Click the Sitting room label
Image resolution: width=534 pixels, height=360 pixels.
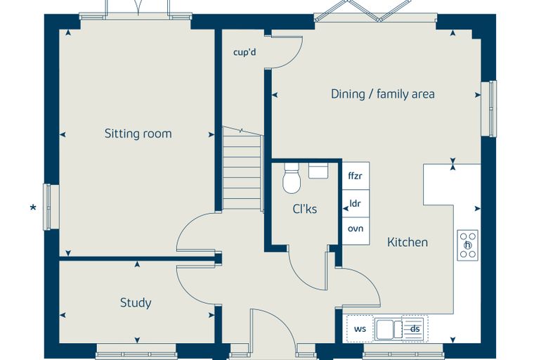point(138,134)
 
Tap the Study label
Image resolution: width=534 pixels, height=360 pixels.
point(136,303)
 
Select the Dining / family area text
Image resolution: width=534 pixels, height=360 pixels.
point(383,94)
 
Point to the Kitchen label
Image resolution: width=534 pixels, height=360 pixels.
point(408,242)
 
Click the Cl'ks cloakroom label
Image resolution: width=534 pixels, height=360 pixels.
point(305,209)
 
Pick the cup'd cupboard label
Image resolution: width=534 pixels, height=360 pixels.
point(245,53)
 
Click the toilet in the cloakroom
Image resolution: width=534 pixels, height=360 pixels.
point(292,179)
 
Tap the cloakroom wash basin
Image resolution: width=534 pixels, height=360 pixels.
point(318,170)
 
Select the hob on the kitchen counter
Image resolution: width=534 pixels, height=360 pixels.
point(467,245)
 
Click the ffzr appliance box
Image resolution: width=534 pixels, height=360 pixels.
point(356,176)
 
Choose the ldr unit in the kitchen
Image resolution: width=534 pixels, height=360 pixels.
point(356,203)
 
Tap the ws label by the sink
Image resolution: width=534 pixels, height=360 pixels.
point(360,328)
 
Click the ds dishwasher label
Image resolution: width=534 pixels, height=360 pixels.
point(415,328)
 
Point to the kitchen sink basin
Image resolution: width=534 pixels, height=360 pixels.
point(385,329)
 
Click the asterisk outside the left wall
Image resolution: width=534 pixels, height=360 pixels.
point(33,207)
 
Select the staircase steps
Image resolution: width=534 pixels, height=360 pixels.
point(242,168)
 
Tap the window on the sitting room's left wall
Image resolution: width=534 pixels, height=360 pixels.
point(51,207)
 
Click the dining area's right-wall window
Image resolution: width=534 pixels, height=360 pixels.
point(488,109)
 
